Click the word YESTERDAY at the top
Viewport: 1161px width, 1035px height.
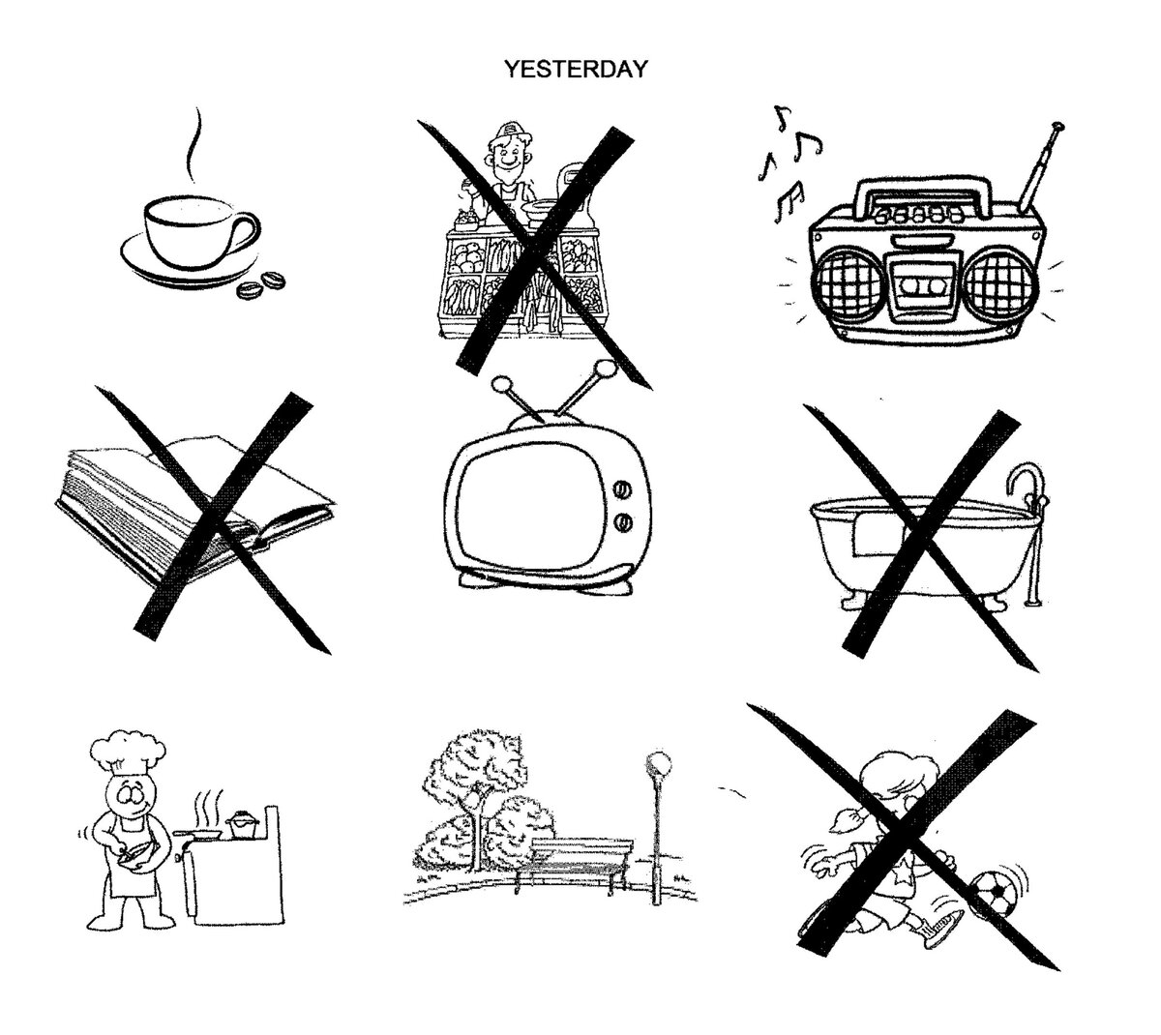click(576, 69)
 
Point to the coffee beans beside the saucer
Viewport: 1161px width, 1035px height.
click(261, 284)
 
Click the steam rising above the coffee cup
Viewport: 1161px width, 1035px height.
click(193, 144)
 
